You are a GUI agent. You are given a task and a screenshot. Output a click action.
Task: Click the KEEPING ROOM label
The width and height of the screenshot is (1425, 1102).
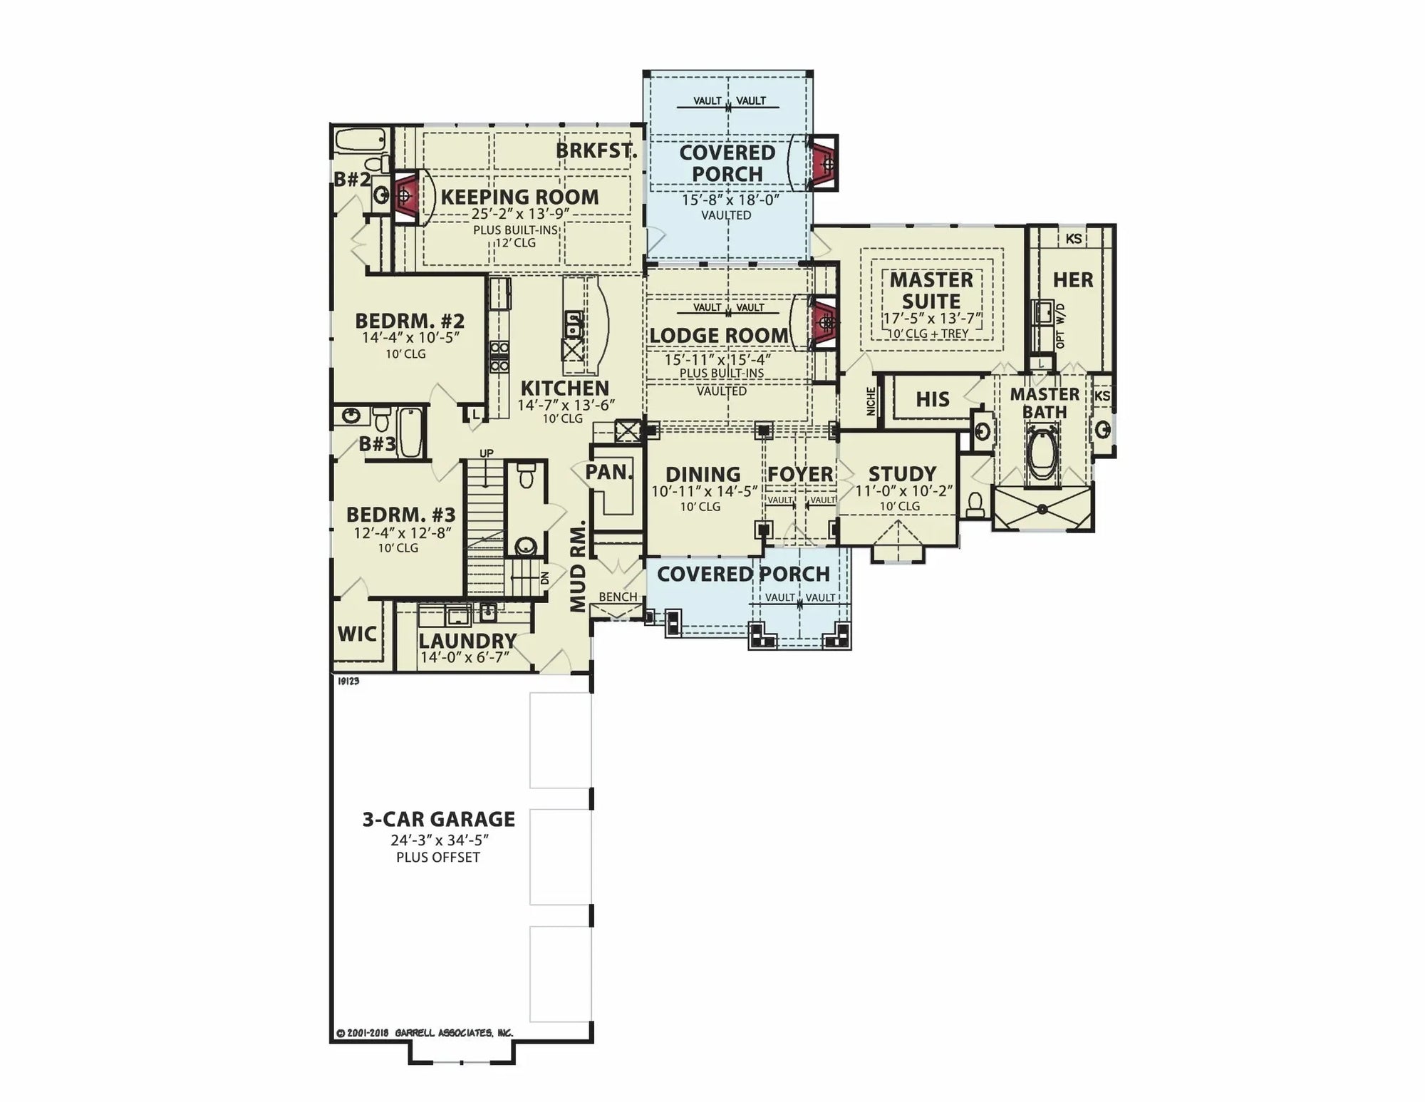pos(519,197)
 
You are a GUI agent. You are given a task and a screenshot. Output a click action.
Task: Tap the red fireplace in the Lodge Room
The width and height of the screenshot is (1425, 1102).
pos(824,324)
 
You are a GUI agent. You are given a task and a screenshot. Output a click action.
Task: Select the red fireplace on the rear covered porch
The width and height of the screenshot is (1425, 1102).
pos(826,163)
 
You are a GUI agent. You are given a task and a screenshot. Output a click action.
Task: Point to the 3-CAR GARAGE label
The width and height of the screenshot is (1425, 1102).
pos(438,819)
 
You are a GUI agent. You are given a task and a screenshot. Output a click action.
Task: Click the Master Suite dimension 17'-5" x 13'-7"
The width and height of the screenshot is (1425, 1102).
pos(932,318)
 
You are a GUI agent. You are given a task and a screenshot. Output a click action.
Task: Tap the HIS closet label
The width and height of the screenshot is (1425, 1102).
pos(932,399)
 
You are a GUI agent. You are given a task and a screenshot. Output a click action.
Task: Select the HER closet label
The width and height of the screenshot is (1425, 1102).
pos(1072,280)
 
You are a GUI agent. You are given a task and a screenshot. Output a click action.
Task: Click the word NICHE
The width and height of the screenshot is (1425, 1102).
pos(871,401)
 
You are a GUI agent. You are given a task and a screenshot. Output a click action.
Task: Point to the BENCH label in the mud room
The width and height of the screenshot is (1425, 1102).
pos(618,597)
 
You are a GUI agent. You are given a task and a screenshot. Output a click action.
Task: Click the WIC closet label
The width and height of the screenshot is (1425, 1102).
pos(357,634)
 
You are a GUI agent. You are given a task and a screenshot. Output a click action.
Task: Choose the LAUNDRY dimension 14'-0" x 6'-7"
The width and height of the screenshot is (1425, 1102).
pos(465,657)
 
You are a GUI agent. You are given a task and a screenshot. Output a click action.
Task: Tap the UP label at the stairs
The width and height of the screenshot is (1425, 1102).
pos(486,453)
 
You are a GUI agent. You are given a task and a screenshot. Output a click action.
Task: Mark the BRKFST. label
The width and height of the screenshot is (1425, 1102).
pos(596,151)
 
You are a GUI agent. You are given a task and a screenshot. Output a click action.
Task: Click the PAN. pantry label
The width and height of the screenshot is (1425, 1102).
pos(608,472)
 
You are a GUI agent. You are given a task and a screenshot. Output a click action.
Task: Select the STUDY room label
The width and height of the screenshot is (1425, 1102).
pos(901,474)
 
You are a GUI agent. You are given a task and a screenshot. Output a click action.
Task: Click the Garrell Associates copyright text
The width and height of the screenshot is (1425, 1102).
pos(425,1033)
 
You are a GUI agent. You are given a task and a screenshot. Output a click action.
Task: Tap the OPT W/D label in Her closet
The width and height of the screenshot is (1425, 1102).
pos(1060,326)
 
